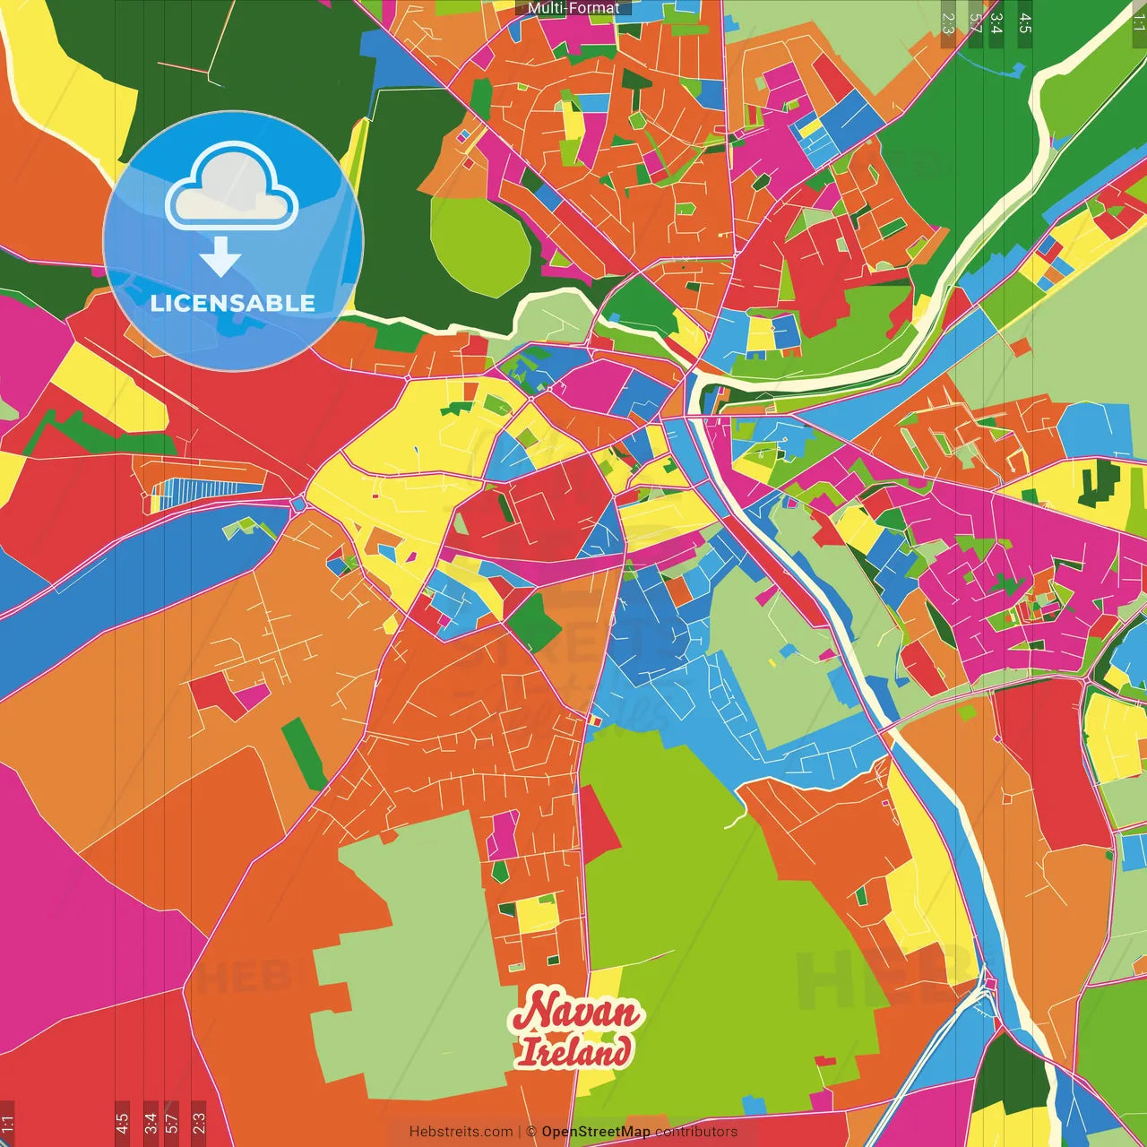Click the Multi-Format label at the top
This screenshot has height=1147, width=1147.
(573, 8)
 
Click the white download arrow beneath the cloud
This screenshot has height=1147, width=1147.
(220, 256)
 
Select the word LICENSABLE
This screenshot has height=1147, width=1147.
(233, 303)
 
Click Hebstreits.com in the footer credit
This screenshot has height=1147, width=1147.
(461, 1132)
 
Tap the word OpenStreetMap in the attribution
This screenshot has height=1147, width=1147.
(596, 1132)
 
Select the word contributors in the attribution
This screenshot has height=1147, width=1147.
(696, 1132)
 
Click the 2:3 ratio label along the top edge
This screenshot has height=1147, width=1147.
(948, 23)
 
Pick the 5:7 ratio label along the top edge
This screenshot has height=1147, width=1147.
(975, 23)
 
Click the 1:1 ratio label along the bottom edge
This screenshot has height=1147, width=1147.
(7, 1122)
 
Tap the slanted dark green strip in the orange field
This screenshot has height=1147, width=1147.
(305, 754)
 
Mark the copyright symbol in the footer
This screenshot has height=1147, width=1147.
(530, 1132)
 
